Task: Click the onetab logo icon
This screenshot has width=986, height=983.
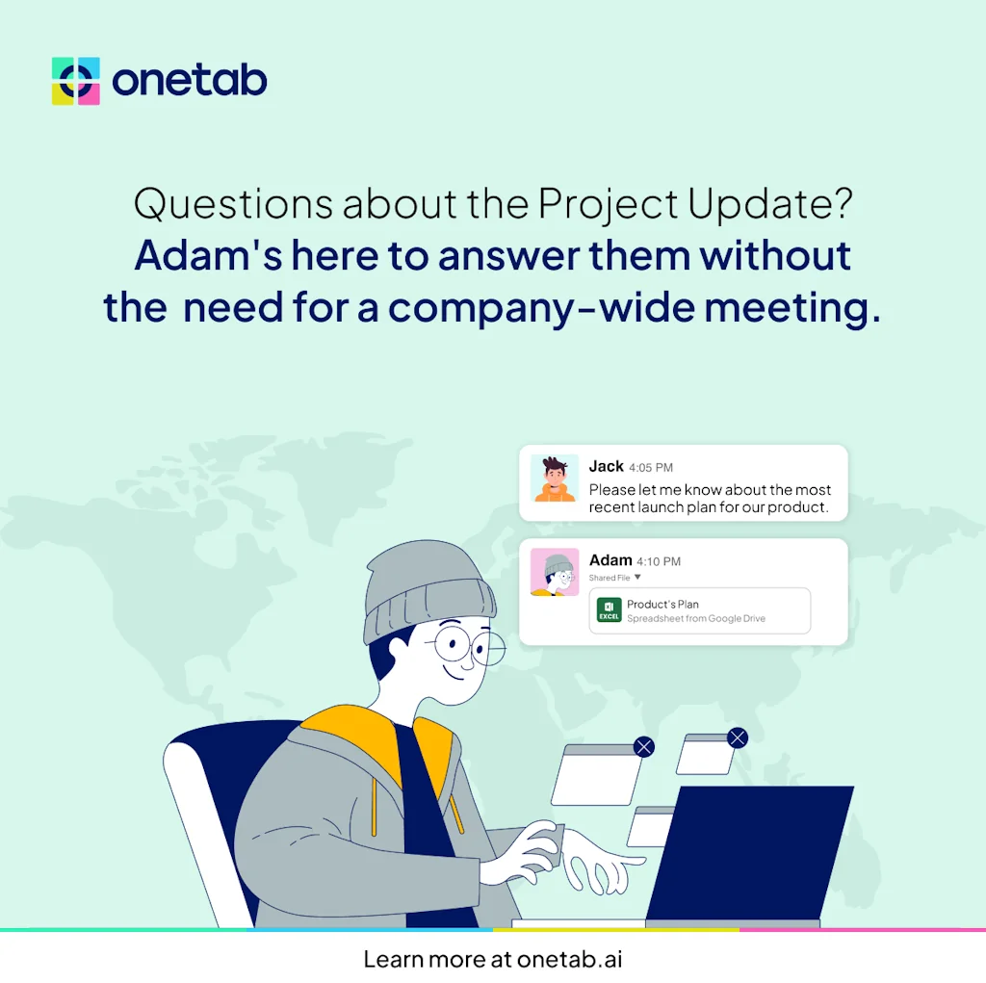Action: coord(76,81)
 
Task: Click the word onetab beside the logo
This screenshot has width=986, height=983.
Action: coord(190,81)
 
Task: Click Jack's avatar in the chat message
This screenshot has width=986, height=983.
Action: coord(555,479)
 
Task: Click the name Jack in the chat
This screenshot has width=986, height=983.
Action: coord(607,466)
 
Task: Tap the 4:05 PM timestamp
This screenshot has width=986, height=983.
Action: coord(651,468)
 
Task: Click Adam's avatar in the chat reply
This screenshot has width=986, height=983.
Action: coord(555,572)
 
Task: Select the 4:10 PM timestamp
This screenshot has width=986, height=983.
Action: coord(659,561)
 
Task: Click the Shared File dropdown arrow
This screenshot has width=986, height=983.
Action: coord(637,578)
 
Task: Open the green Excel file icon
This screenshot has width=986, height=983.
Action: coord(609,610)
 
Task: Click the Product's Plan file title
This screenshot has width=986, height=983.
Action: coord(662,604)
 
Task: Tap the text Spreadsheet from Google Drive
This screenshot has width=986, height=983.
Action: coord(696,618)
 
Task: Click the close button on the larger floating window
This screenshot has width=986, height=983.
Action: coord(644,746)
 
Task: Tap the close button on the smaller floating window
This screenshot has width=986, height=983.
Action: coord(738,737)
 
